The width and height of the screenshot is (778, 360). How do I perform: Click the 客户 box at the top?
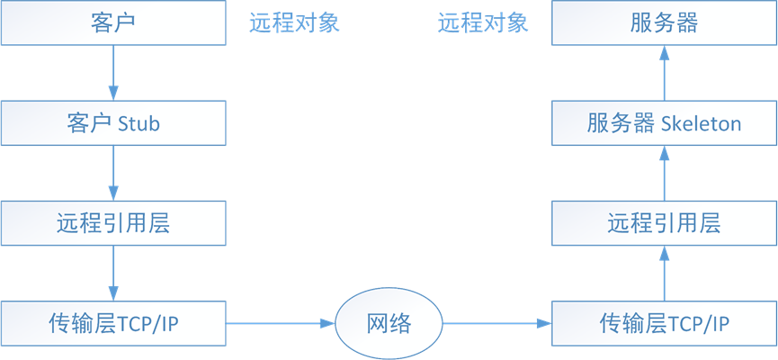point(113,22)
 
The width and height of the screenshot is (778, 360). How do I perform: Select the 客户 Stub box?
point(113,123)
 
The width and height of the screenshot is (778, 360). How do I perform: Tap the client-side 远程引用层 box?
point(113,223)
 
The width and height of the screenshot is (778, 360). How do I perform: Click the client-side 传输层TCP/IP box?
point(113,323)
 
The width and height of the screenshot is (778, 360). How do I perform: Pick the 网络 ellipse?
point(389,323)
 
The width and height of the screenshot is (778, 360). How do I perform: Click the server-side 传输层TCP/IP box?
point(664,323)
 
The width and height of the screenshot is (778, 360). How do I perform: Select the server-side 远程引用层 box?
point(664,223)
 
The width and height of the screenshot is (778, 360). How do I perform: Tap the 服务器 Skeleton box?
point(664,123)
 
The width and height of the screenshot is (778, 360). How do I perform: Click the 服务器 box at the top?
point(664,22)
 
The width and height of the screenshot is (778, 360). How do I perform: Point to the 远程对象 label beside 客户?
point(294,22)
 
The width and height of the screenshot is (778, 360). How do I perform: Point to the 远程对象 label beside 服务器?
point(483,22)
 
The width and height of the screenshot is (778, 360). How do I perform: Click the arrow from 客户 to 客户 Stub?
point(113,73)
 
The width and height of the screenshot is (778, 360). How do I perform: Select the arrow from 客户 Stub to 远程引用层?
point(113,173)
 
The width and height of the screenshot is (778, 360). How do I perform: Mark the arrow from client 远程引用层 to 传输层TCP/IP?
point(113,273)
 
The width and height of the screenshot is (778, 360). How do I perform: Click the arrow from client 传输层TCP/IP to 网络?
point(280,323)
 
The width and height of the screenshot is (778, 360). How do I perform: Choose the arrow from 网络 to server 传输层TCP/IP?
point(496,323)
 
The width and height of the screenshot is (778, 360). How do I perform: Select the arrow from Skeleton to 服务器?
point(664,73)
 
